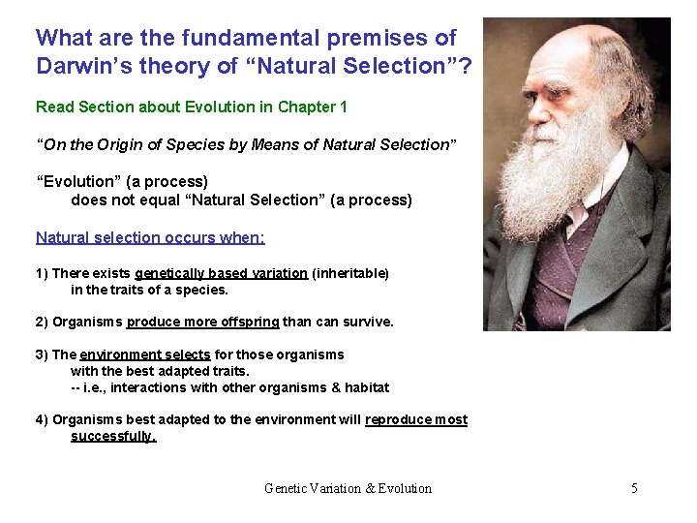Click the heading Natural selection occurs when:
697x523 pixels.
coord(150,237)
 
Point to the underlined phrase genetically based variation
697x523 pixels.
coord(221,274)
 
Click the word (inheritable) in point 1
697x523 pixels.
coord(350,274)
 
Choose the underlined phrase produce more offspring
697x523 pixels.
coord(202,323)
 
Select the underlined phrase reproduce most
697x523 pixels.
coord(415,419)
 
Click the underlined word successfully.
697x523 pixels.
coord(113,436)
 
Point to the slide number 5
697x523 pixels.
coord(634,488)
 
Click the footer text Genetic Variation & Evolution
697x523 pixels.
coord(348,488)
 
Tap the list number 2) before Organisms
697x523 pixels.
coord(42,323)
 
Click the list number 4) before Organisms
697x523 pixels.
coord(42,419)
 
